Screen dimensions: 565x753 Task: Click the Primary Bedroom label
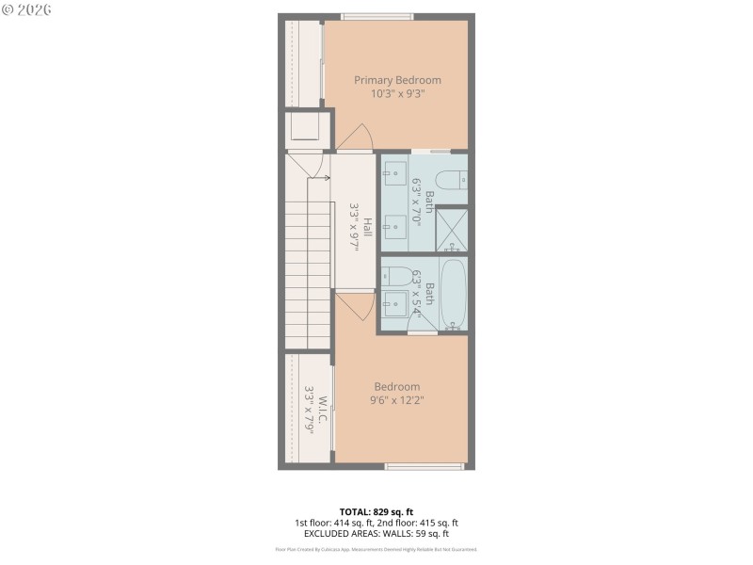click(x=397, y=80)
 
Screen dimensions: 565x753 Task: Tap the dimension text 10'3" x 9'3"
click(x=397, y=93)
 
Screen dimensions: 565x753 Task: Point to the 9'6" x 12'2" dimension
click(x=397, y=399)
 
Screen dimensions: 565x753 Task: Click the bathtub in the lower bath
click(x=454, y=294)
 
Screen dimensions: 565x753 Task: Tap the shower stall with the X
click(x=453, y=229)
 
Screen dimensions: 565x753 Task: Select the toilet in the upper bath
click(x=454, y=179)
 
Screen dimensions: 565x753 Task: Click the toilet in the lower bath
click(x=397, y=276)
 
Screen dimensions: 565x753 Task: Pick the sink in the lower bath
click(x=395, y=302)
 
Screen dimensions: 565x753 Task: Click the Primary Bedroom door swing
click(x=356, y=137)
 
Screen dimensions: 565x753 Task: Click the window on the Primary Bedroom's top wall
click(x=376, y=16)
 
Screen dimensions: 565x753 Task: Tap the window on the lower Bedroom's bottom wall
click(x=425, y=465)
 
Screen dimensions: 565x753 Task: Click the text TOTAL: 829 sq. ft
click(x=376, y=511)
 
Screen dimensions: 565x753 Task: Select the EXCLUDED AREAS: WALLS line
click(x=376, y=533)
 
